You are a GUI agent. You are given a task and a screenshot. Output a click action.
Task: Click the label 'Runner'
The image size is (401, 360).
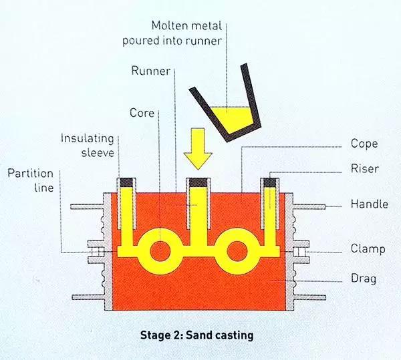pos(150,70)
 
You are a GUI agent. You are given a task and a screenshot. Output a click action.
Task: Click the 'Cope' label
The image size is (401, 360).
pos(364,144)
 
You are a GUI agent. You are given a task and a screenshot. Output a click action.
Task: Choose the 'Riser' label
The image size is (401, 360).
pos(364,169)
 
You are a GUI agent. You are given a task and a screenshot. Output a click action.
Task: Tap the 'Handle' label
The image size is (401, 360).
pos(369,204)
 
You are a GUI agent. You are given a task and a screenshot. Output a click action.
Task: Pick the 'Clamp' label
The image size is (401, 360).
pos(368,249)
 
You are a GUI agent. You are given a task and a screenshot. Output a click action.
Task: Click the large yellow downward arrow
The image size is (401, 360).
pos(198,150)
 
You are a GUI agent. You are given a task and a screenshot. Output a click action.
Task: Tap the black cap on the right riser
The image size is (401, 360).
pos(271,182)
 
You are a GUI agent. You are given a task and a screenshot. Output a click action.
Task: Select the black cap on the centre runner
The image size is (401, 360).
pos(198,182)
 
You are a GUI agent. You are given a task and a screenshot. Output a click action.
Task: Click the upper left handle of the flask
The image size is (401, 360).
pos(87,204)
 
